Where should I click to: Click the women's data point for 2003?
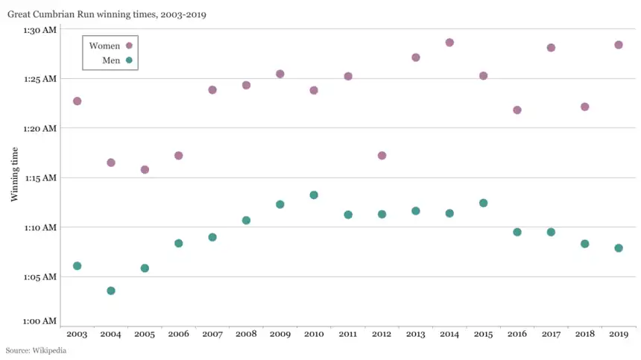pyautogui.click(x=77, y=101)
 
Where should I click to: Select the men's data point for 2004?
pyautogui.click(x=111, y=291)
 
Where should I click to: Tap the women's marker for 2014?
pyautogui.click(x=449, y=42)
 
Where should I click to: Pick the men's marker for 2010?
pyautogui.click(x=314, y=195)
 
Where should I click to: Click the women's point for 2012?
pyautogui.click(x=382, y=156)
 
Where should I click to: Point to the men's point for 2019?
pyautogui.click(x=619, y=248)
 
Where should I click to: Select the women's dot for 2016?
pyautogui.click(x=517, y=110)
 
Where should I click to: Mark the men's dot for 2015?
pyautogui.click(x=483, y=203)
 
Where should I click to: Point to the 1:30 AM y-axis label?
pyautogui.click(x=40, y=30)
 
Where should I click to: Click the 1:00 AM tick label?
pyautogui.click(x=40, y=321)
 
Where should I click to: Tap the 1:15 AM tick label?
pyautogui.click(x=40, y=178)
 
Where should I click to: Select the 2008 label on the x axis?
pyautogui.click(x=246, y=335)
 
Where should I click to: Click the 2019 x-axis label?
pyautogui.click(x=619, y=335)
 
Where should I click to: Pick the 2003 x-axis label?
pyautogui.click(x=77, y=335)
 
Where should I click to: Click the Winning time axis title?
pyautogui.click(x=15, y=174)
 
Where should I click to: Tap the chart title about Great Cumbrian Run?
pyautogui.click(x=107, y=13)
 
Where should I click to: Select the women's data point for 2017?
pyautogui.click(x=551, y=48)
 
